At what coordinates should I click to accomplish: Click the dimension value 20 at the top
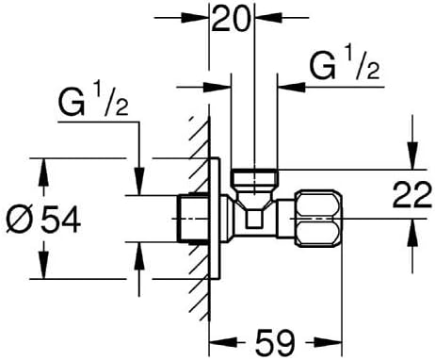tap(232, 19)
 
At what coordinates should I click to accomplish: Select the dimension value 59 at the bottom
tap(275, 342)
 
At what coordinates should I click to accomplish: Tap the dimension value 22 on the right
tap(412, 195)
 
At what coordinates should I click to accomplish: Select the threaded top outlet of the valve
tap(254, 177)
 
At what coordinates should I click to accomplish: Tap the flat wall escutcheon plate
tap(215, 219)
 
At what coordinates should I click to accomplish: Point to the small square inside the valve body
tap(254, 219)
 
